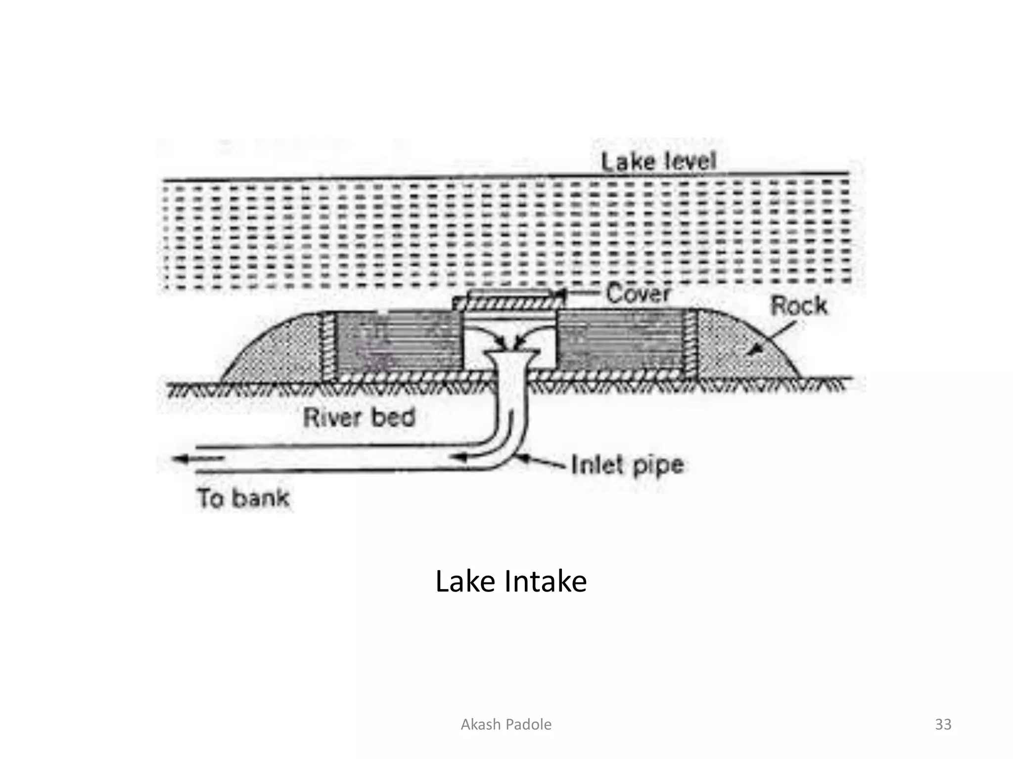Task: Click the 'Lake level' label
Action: pos(658,161)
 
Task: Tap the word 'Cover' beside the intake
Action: pos(638,293)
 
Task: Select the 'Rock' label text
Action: pos(798,305)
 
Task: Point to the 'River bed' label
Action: pos(359,418)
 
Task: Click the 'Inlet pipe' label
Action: pos(628,465)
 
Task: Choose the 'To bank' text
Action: pos(243,498)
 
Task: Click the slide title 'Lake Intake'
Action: pos(510,581)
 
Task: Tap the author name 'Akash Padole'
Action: pos(506,724)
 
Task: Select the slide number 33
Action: pos(943,724)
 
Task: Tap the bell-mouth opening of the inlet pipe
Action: pos(510,353)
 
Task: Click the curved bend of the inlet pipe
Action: pos(509,445)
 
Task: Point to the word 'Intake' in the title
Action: pos(545,581)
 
